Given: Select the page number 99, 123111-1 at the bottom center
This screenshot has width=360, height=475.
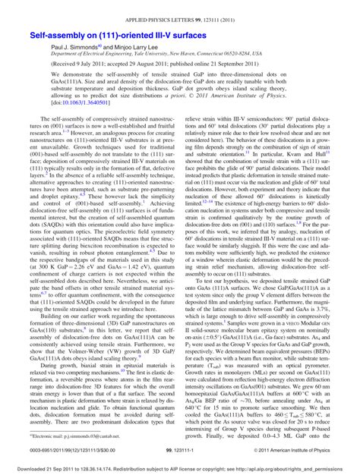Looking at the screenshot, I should (x=179, y=449).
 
